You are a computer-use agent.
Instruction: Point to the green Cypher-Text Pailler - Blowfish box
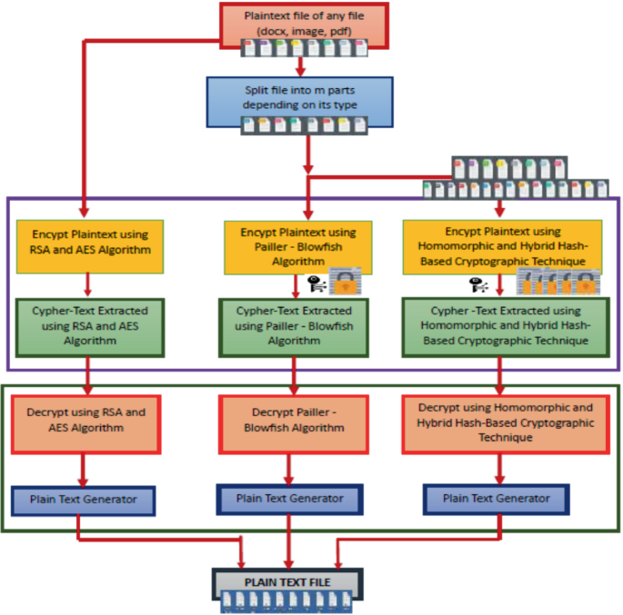(x=292, y=326)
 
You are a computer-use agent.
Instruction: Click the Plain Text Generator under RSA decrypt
(x=85, y=500)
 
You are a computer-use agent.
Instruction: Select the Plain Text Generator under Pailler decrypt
(x=290, y=498)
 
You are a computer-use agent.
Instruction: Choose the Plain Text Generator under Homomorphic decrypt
(x=497, y=499)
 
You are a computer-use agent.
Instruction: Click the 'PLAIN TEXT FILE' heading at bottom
(x=287, y=581)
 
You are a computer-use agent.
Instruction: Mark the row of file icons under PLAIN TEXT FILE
(x=287, y=600)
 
